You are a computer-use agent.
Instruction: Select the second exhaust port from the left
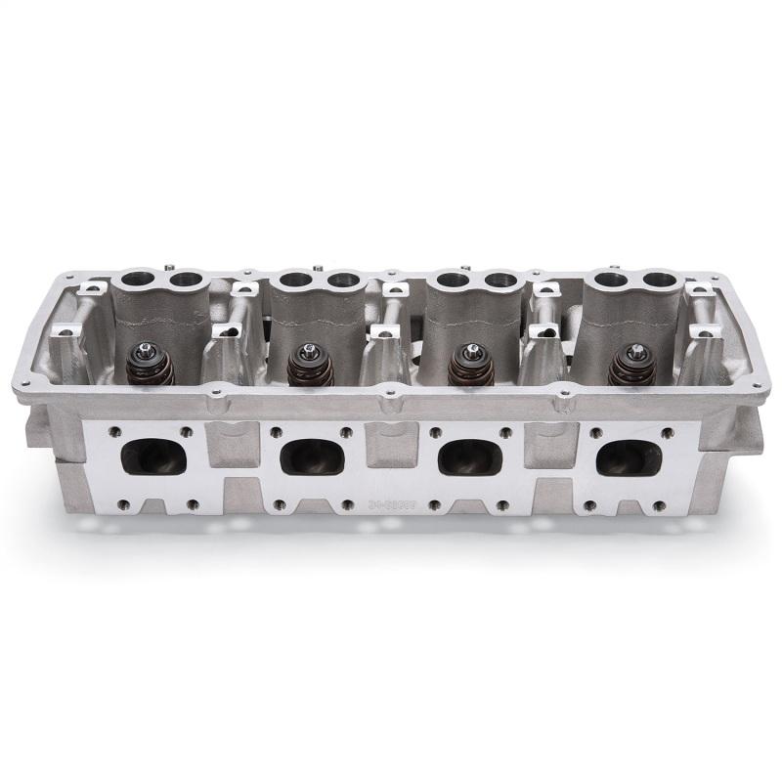click(312, 456)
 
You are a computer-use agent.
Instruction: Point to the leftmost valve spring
click(151, 367)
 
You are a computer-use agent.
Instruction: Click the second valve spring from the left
click(311, 368)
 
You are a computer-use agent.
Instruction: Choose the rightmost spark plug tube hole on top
click(662, 280)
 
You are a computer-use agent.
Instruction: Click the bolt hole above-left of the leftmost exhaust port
click(115, 431)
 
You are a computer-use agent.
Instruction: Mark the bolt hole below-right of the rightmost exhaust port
click(657, 505)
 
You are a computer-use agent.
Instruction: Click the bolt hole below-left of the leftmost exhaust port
click(122, 504)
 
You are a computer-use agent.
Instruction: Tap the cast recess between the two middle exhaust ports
click(391, 445)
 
